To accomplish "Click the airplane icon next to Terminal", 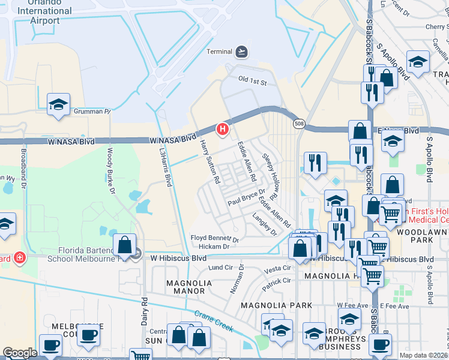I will (x=241, y=52).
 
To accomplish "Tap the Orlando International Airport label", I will (x=45, y=16).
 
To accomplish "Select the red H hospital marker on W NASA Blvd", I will (x=223, y=128).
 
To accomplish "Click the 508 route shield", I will (x=298, y=124).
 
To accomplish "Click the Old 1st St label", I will (x=252, y=79).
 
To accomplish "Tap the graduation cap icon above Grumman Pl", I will (x=58, y=104).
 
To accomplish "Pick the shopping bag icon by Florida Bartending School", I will (x=124, y=245).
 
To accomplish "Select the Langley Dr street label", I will (x=265, y=224).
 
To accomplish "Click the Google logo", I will (x=20, y=353).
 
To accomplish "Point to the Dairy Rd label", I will (x=144, y=310).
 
